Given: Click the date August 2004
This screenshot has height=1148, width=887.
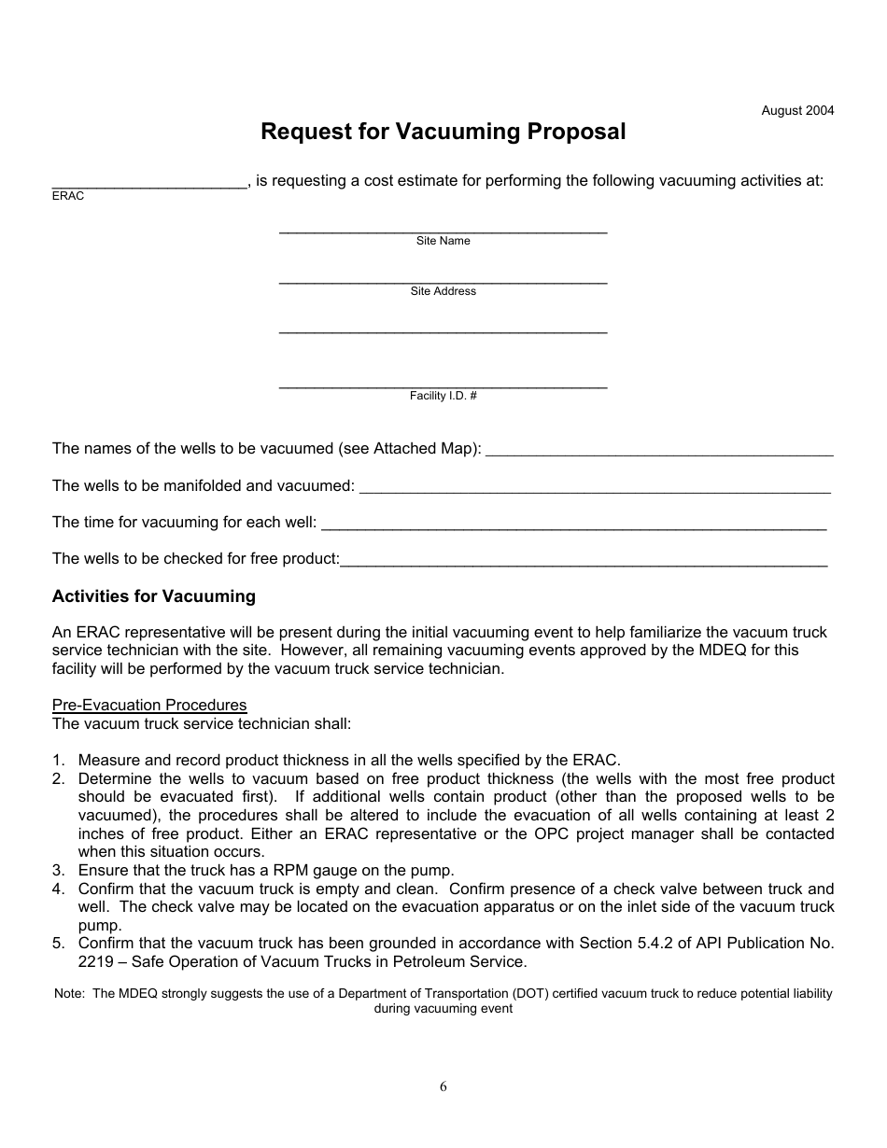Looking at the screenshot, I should point(797,110).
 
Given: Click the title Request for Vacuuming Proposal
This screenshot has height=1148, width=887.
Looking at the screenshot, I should point(443,132).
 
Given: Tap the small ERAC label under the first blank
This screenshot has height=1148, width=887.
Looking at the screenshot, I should point(67,196).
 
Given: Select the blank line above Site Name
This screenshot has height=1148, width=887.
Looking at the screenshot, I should point(443,229).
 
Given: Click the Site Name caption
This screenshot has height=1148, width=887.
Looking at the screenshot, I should point(443,241).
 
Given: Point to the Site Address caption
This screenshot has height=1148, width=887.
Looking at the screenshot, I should point(443,291).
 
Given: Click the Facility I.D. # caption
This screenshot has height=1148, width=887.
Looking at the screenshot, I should point(443,396).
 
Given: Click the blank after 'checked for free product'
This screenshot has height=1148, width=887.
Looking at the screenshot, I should point(584,563).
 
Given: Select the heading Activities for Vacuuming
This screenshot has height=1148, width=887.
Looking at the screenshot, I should point(153,596).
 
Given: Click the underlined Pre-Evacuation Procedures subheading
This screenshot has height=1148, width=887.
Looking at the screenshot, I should point(149,705).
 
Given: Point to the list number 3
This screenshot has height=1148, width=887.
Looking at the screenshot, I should point(58,870).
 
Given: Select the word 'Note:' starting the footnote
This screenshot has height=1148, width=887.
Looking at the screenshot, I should point(70,994).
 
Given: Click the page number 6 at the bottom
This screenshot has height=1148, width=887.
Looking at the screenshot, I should point(443,1086).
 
